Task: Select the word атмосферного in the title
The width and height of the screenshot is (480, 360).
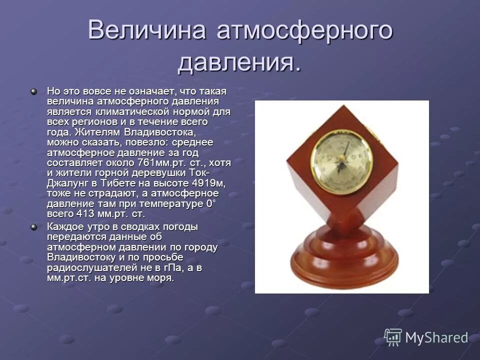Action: coord(304,31)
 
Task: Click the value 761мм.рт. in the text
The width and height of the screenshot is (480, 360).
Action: coord(160,162)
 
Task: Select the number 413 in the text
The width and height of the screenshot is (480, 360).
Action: coord(84,214)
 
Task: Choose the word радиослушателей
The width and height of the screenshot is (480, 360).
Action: coord(88,268)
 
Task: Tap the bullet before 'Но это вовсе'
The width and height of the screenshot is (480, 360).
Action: coord(34,92)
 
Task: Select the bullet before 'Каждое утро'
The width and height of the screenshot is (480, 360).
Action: coord(34,227)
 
